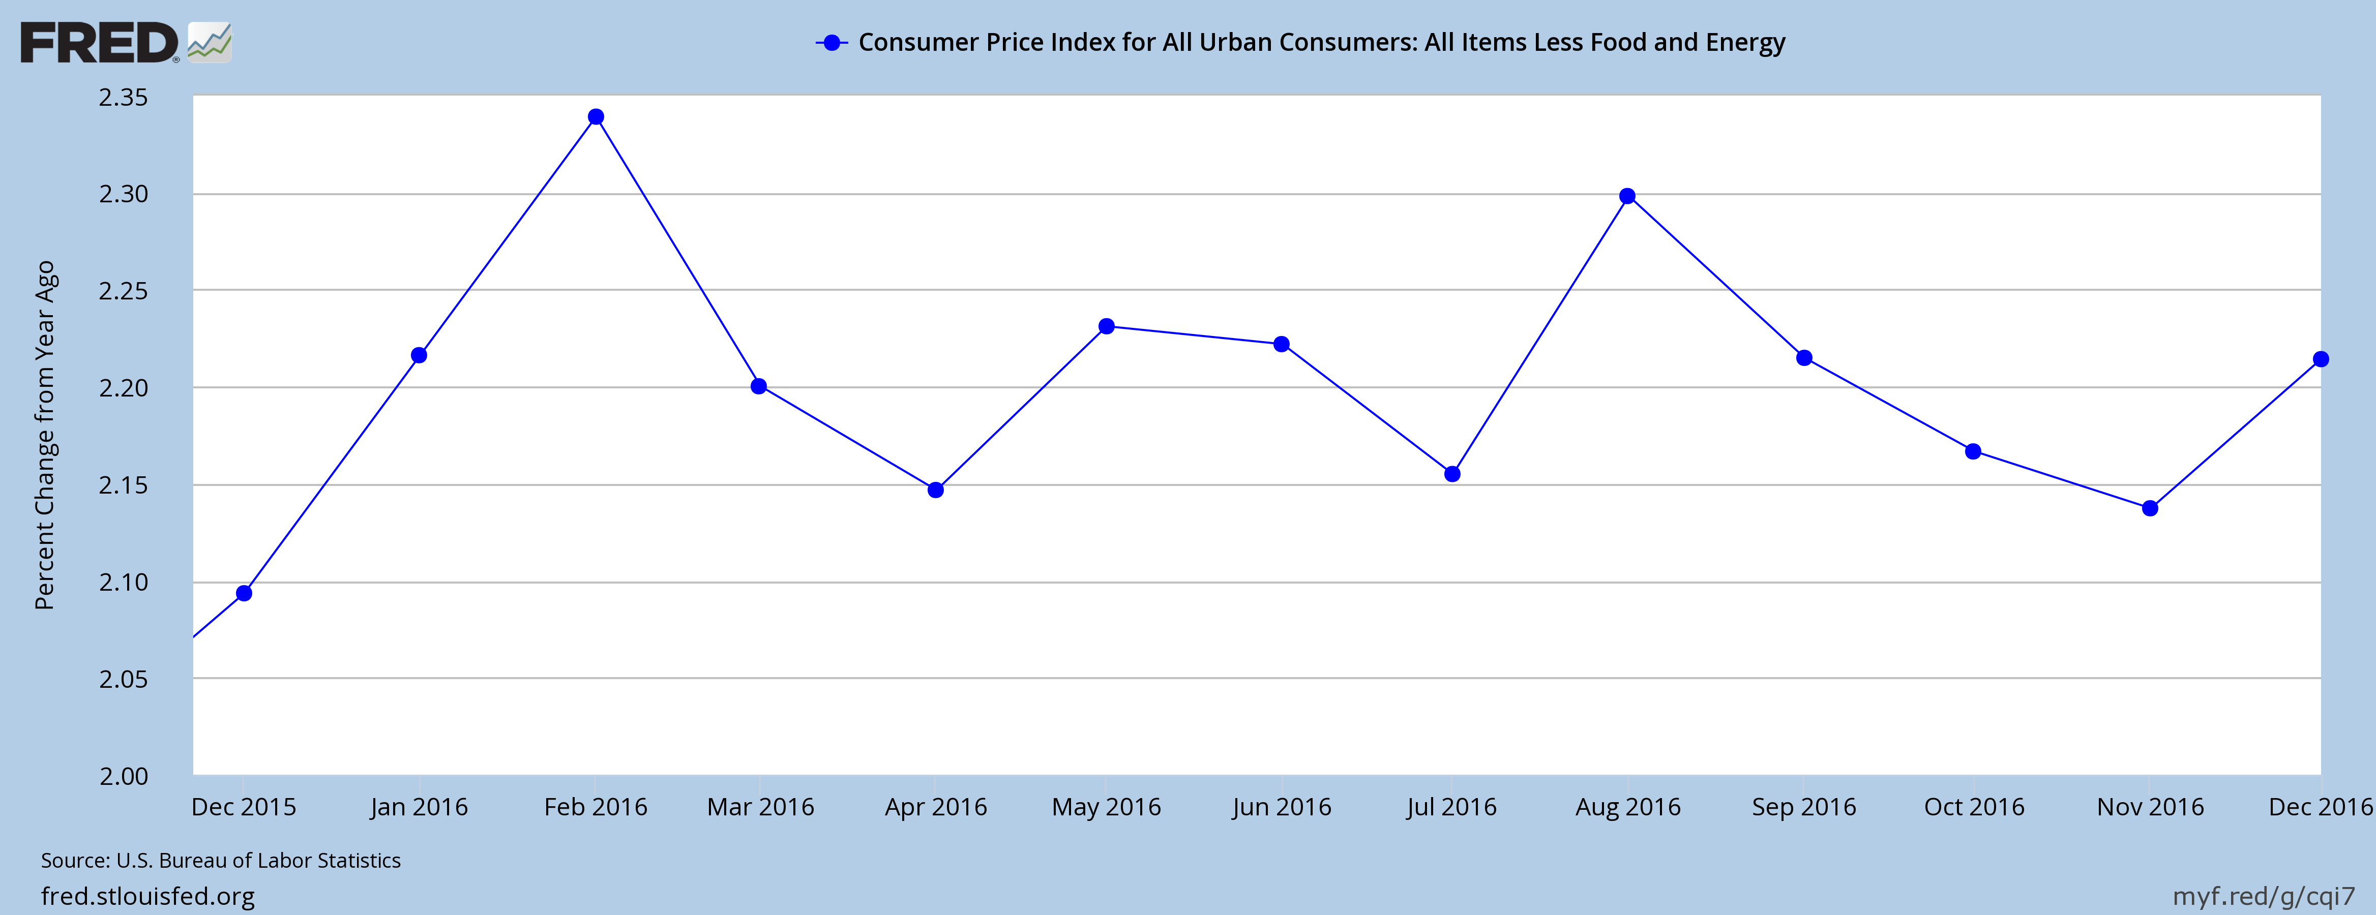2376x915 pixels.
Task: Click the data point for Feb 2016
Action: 596,117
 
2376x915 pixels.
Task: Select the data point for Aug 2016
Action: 1627,196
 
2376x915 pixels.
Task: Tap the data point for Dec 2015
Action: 245,593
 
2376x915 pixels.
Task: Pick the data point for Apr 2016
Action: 935,490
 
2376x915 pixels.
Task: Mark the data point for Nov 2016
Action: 2150,508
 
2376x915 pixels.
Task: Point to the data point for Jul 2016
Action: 1452,474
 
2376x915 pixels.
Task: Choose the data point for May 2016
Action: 1107,326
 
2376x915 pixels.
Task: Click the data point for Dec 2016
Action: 2321,360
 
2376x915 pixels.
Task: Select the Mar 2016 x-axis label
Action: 760,807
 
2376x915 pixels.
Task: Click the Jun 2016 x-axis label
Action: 1281,807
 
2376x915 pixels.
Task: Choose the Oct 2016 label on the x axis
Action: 1974,807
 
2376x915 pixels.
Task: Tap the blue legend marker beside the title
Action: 832,42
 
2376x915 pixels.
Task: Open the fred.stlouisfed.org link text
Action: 147,896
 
